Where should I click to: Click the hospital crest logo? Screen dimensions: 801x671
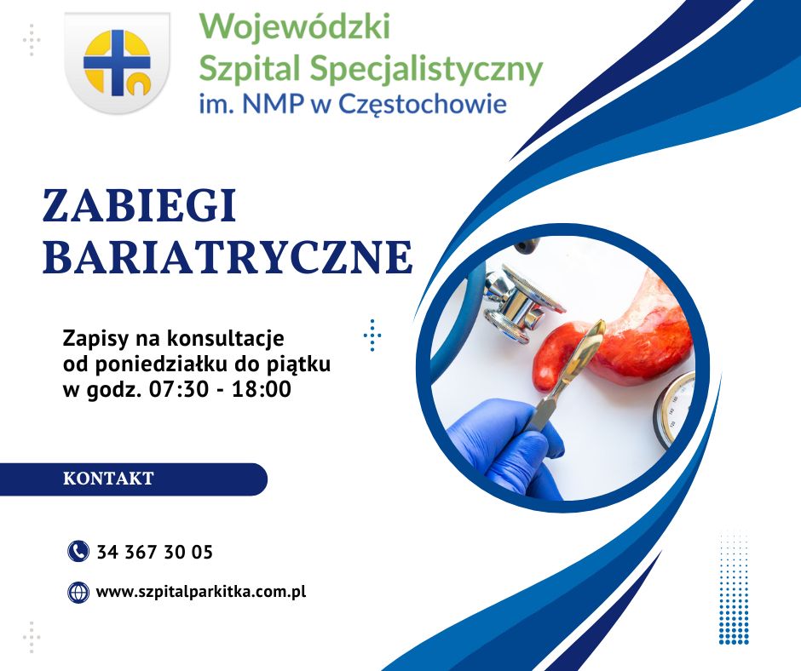118,62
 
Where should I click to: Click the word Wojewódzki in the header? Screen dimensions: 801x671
295,26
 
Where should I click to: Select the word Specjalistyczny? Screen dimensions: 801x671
426,68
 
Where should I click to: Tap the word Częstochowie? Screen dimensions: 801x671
423,104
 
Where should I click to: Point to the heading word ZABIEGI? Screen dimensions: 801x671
140,205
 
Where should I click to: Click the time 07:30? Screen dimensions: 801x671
179,389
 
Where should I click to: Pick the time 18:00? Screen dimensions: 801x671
262,389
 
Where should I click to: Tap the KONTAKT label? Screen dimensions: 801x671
108,479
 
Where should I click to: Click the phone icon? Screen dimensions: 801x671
78,552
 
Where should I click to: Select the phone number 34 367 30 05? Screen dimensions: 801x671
155,552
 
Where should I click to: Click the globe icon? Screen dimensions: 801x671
78,593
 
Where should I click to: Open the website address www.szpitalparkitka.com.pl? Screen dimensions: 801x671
201,593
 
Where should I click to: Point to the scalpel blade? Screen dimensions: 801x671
592,342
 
